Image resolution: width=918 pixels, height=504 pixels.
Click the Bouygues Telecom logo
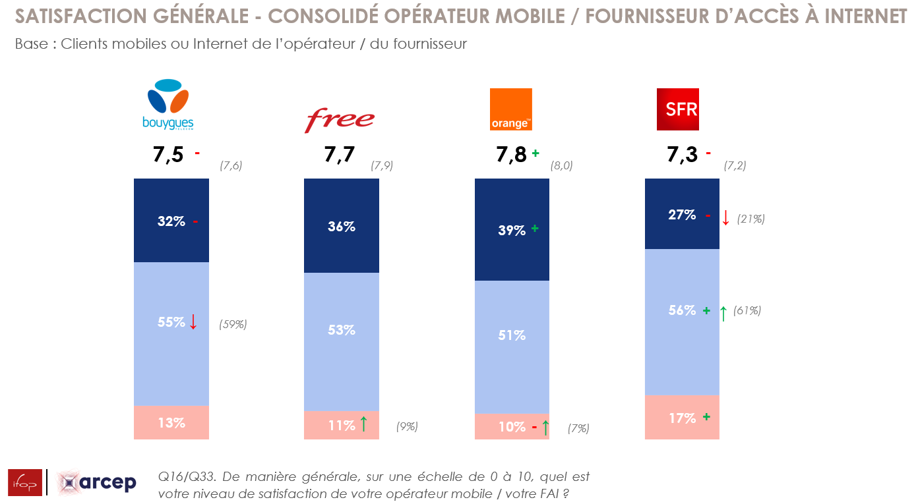point(168,104)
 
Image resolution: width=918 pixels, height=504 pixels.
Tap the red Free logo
point(339,120)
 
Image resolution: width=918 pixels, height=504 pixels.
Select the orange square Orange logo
point(510,109)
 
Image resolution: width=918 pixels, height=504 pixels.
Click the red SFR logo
point(678,109)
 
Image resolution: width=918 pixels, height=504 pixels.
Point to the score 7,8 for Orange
point(511,155)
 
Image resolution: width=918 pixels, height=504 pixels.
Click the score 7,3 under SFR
point(682,155)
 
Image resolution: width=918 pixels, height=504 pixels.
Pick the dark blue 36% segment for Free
point(342,226)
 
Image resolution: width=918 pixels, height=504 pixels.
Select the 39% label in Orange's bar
point(512,230)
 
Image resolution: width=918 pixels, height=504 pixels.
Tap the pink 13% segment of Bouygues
point(171,423)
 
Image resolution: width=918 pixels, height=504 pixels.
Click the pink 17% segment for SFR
point(682,418)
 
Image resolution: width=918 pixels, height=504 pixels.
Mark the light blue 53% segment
point(342,330)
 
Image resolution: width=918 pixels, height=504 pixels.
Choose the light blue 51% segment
point(512,335)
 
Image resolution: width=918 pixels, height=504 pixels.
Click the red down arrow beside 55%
point(193,322)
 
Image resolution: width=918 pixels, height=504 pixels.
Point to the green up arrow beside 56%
point(723,313)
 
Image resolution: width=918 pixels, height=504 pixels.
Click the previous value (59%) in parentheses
point(233,324)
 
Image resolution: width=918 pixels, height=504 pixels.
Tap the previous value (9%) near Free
point(407,426)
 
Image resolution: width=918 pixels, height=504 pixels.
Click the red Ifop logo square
point(25,482)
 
